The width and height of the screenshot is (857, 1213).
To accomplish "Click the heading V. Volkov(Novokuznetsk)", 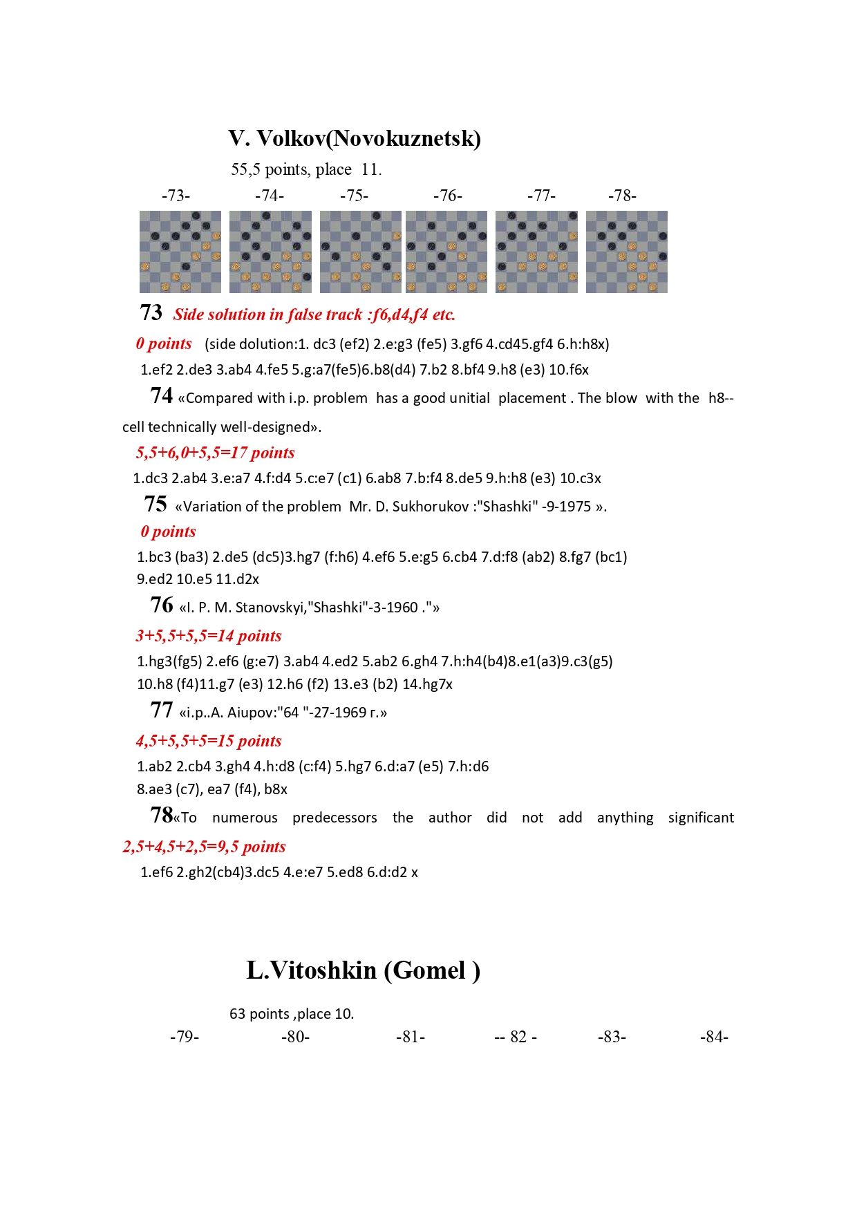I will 355,139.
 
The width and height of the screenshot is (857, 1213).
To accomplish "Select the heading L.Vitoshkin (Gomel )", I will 363,970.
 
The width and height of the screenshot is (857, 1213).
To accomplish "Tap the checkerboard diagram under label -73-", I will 180,252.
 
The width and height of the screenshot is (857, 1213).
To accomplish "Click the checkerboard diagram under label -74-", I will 270,252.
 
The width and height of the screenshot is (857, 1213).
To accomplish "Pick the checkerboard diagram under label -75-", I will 360,252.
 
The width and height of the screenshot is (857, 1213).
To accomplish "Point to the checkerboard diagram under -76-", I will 446,252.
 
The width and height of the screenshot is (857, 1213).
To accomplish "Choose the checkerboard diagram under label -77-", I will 536,252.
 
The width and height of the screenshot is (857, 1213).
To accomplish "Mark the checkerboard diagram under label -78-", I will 627,252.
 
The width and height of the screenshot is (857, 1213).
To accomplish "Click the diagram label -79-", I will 185,1037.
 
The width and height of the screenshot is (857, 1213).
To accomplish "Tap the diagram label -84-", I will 714,1037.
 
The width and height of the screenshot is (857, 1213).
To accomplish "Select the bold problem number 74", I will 161,396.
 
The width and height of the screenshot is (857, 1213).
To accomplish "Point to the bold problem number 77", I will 161,711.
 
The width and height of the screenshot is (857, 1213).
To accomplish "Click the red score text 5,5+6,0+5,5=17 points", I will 216,453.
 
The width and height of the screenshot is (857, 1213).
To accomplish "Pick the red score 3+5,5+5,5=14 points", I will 209,636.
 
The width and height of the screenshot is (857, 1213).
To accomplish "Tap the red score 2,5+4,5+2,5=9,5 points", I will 205,847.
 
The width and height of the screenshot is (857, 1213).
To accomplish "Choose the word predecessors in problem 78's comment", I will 335,818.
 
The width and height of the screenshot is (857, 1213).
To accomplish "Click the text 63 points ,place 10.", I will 292,1014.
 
